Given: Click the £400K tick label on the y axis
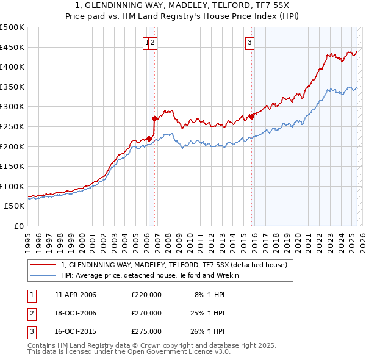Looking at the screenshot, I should (x=12, y=67).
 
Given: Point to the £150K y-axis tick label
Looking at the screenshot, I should (x=12, y=166).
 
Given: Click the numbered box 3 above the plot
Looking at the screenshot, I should (x=250, y=42).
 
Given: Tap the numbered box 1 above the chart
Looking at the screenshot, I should (x=146, y=42).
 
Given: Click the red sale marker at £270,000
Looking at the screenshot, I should (x=154, y=118).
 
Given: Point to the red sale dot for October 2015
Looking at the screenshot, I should (x=251, y=117).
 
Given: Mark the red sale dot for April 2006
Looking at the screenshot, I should (x=149, y=139).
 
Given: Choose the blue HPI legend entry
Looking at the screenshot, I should (x=150, y=275).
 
